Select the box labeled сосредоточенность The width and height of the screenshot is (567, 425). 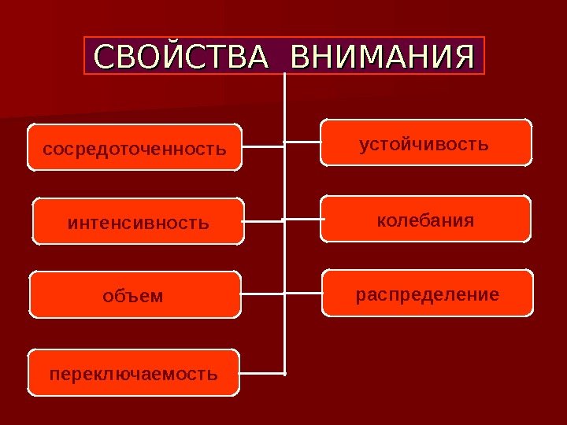135,147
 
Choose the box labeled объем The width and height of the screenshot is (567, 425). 135,295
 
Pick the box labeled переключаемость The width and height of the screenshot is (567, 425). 134,372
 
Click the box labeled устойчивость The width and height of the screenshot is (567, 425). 425,142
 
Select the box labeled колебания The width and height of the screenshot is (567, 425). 426,219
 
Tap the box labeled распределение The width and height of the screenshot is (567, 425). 428,294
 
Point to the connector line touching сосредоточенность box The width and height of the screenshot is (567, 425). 262,147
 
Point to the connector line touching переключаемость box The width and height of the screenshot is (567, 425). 261,372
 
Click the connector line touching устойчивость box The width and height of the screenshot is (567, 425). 302,142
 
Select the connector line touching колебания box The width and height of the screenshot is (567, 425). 303,219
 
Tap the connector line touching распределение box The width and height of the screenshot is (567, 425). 303,294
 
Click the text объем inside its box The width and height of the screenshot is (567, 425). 133,296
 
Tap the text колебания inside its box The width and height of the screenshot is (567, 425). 426,220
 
